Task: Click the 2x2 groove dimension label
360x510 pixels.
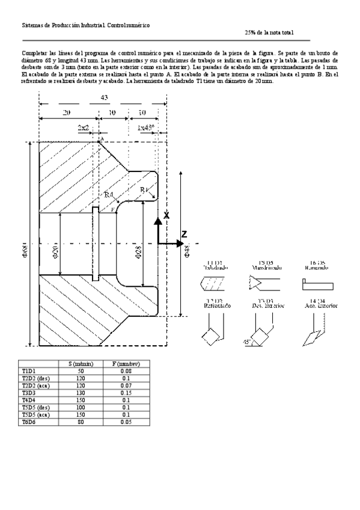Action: point(84,128)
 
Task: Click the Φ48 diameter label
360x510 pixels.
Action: point(187,251)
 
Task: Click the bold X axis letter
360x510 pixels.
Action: point(166,215)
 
